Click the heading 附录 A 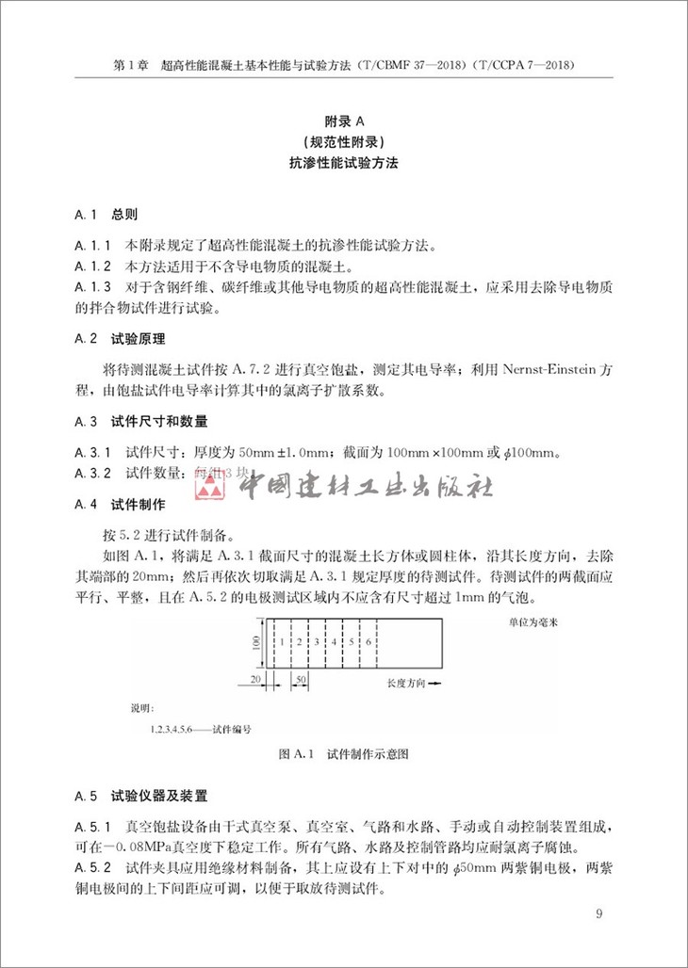(x=343, y=121)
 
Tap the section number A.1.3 (x=92, y=287)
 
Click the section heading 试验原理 (x=139, y=339)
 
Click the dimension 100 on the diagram (x=254, y=642)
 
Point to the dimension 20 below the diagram (x=254, y=677)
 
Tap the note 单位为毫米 (x=520, y=622)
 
